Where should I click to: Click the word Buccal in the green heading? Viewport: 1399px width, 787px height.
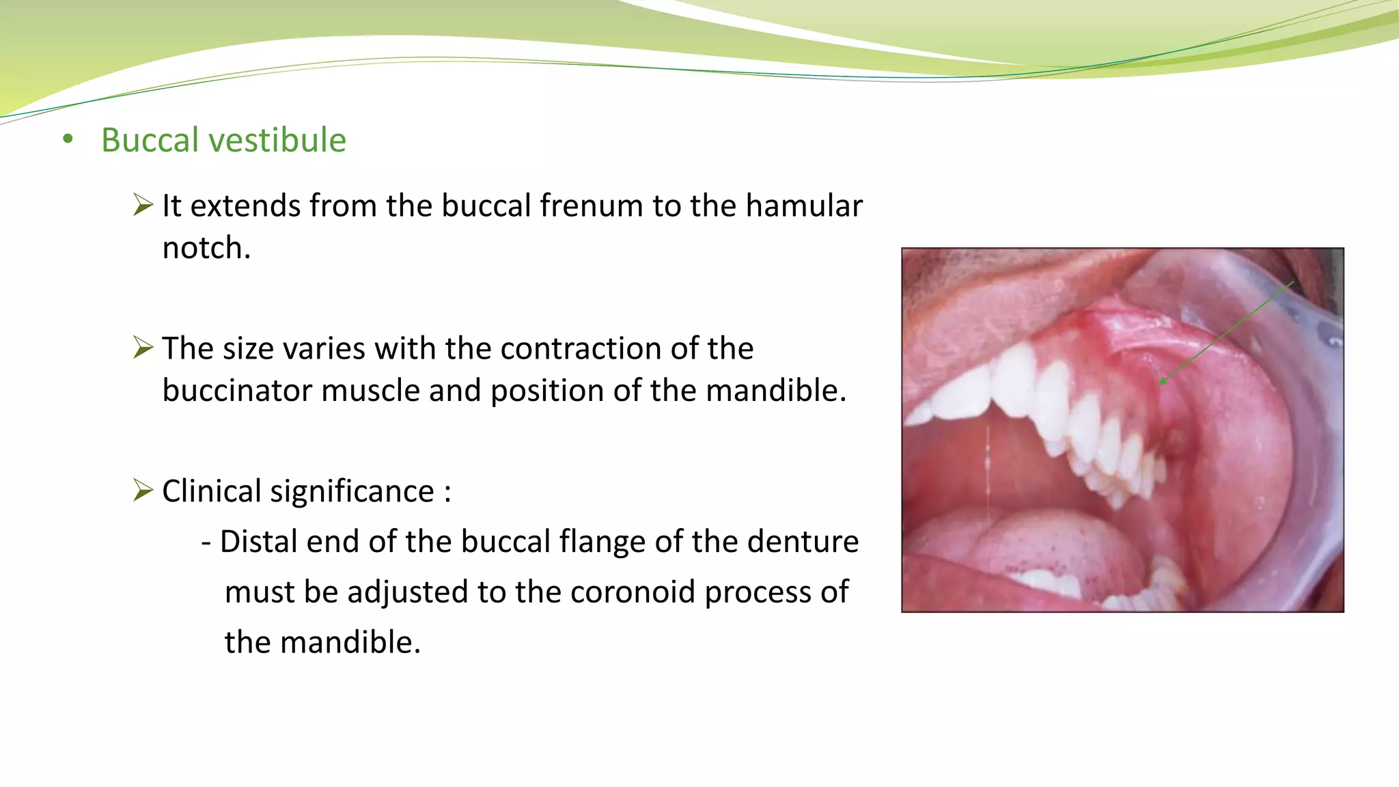(150, 140)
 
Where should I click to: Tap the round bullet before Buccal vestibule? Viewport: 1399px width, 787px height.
(67, 140)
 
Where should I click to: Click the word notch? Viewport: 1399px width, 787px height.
(206, 248)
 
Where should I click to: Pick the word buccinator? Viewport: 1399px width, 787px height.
(237, 391)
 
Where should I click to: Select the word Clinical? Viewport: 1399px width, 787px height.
(211, 491)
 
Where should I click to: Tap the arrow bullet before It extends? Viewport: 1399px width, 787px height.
(143, 205)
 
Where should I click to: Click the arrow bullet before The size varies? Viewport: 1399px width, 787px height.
(143, 348)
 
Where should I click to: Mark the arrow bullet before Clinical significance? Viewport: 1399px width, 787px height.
(143, 491)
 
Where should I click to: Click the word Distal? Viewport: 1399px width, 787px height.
(258, 542)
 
